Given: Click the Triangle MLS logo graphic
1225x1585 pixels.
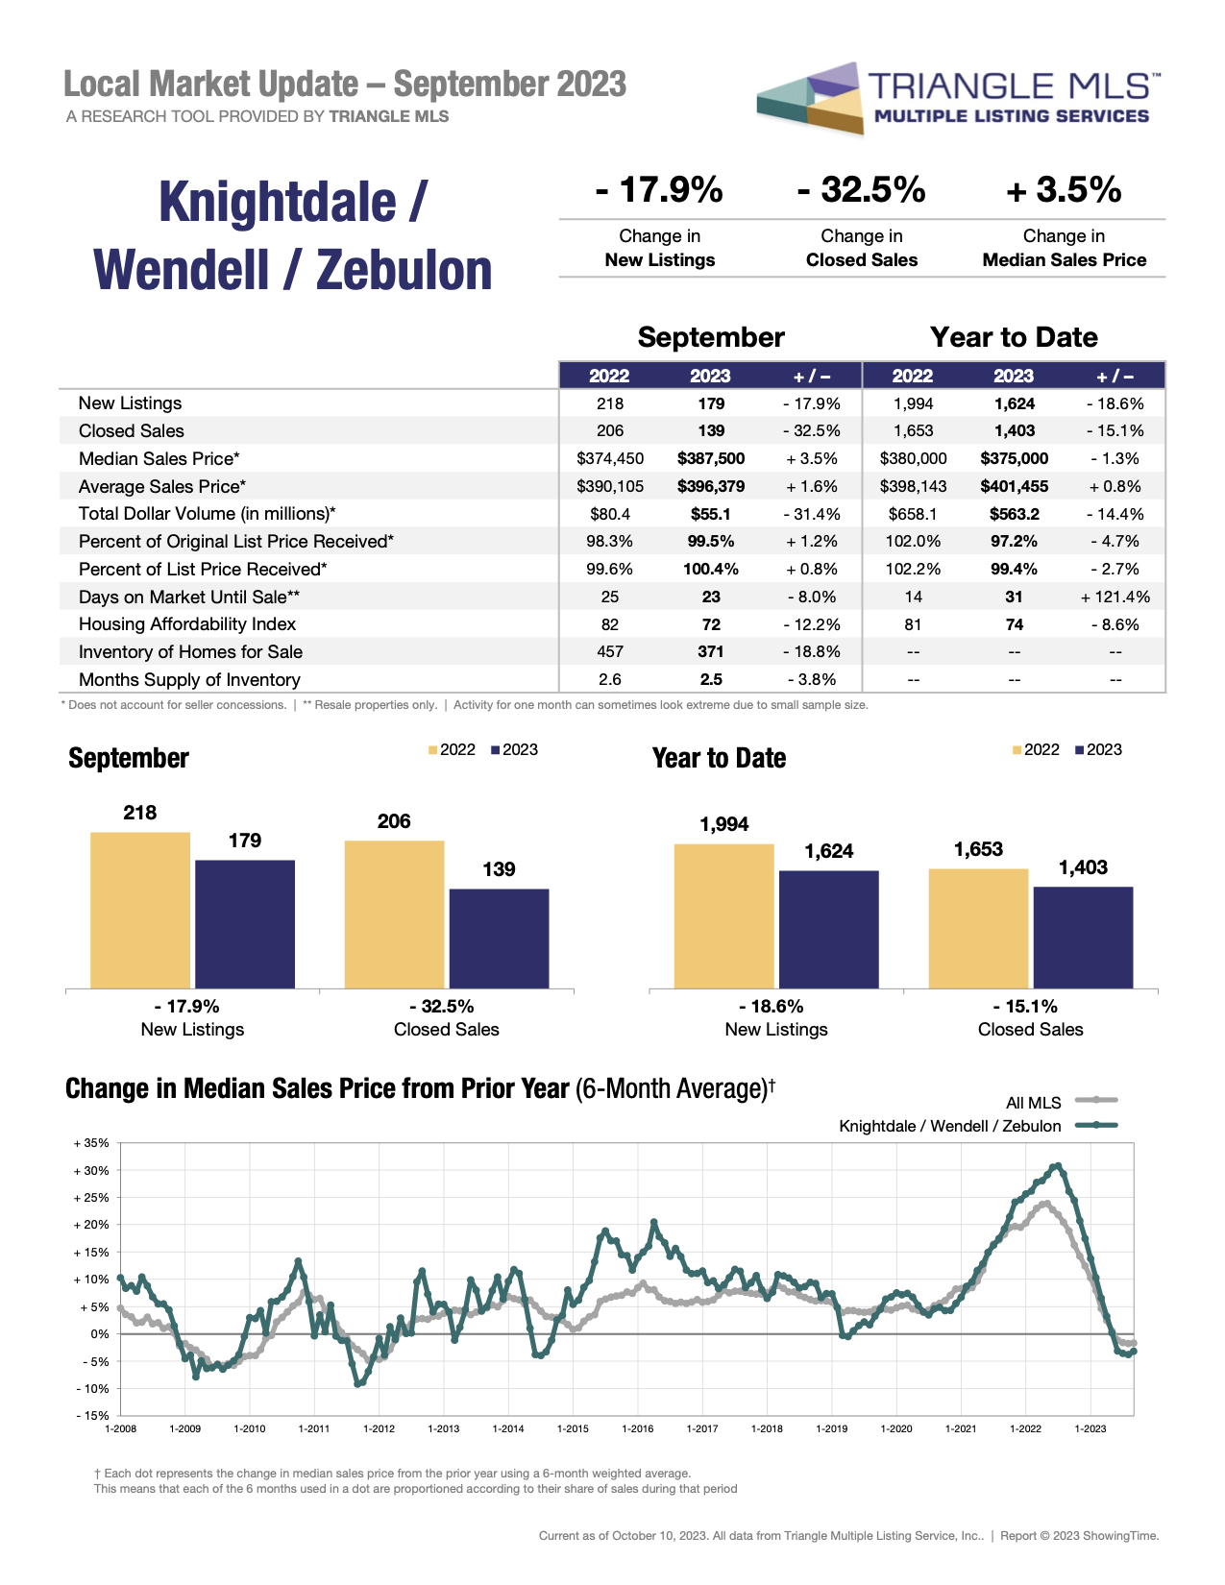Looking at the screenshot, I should [809, 98].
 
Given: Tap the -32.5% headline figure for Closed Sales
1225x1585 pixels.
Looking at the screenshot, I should [861, 190].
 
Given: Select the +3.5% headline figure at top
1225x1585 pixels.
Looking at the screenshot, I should [1064, 190].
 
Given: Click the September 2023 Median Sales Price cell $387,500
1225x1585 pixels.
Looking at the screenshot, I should [711, 459].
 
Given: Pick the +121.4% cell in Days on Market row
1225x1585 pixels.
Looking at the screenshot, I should [1115, 597].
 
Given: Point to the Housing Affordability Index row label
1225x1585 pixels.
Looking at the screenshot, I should [187, 624].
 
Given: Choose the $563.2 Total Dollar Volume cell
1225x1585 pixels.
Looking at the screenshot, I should [1014, 514].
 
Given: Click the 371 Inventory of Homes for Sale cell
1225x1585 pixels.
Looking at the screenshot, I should [711, 652].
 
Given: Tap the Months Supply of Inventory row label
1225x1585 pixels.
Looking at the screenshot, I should [189, 680].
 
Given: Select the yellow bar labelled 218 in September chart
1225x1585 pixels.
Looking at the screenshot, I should [140, 910].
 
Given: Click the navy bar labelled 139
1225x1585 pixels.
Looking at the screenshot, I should [499, 938].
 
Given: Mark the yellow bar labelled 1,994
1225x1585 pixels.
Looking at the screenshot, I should [723, 915].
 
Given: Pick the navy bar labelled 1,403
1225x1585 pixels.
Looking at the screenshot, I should [1083, 937].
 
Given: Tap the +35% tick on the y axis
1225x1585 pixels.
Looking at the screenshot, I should [92, 1143].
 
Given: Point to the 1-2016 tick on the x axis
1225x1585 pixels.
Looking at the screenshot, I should [637, 1428].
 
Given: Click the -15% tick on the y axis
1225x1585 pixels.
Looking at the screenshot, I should [92, 1416].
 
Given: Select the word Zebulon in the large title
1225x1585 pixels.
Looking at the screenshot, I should [404, 270].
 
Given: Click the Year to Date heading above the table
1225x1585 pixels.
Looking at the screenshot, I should [1014, 337].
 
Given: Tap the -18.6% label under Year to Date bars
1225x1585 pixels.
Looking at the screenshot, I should [776, 1007].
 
